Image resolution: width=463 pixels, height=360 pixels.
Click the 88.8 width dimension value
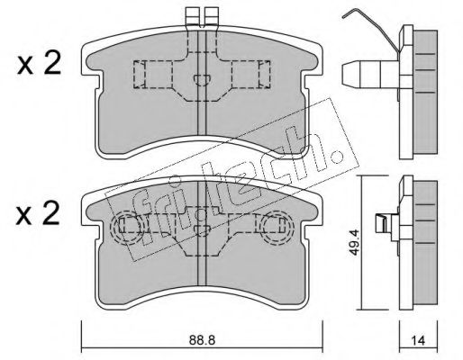point(202,340)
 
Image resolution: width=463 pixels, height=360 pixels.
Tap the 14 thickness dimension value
point(418,340)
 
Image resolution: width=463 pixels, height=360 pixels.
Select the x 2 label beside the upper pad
point(39,63)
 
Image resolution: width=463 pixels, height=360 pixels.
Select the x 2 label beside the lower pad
point(38,214)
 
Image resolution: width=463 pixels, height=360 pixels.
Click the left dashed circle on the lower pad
point(125,227)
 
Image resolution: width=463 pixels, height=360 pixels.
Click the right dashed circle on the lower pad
point(276,227)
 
